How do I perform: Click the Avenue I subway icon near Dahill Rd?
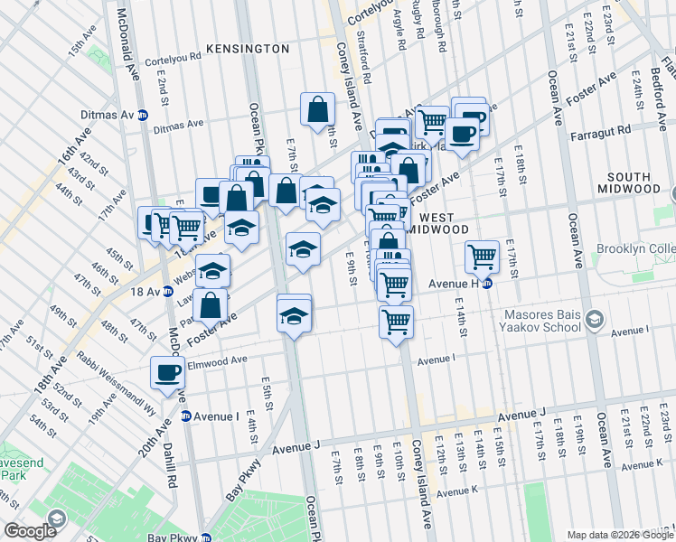coord(185,416)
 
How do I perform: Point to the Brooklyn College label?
coord(636,249)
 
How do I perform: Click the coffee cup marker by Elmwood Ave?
coord(168,373)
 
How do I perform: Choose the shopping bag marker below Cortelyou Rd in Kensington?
coord(319,110)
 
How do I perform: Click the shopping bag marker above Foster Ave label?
coord(211,305)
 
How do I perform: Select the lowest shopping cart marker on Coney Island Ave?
coord(396,321)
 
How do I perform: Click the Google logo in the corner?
coord(31,530)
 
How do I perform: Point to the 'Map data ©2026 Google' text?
coord(619,534)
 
